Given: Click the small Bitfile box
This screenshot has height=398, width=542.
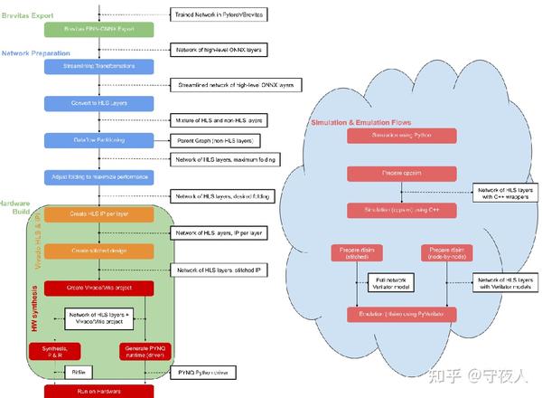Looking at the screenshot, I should click(x=79, y=371).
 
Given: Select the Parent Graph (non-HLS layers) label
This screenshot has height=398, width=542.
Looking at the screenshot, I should click(x=211, y=140).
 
